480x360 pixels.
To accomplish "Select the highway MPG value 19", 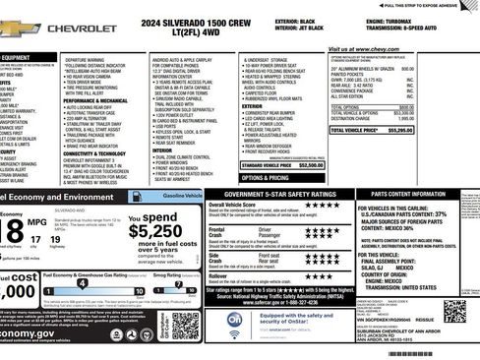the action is point(55,237).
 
